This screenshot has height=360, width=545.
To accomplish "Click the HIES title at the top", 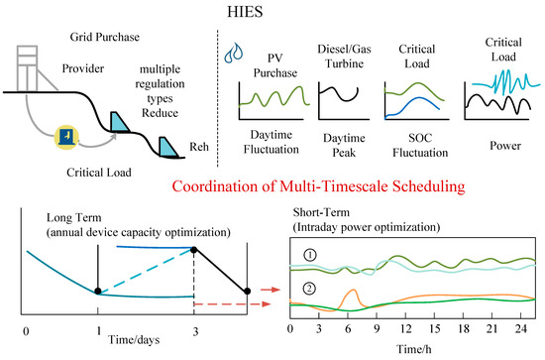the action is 245,12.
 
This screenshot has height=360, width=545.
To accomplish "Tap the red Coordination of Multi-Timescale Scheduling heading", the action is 318,186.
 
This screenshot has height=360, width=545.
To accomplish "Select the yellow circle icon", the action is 67,137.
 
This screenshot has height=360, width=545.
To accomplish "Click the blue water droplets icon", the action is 234,53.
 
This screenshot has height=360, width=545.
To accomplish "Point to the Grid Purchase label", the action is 105,37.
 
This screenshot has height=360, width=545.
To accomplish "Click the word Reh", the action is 199,147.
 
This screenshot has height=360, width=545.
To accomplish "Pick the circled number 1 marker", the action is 310,256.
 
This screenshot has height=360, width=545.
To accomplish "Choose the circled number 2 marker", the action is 309,289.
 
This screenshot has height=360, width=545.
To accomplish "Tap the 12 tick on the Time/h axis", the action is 405,328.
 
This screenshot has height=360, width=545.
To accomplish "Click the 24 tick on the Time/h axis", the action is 520,328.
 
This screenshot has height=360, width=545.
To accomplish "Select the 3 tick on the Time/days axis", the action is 195,331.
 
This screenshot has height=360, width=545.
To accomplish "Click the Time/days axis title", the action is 134,339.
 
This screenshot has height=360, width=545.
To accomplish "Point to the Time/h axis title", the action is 414,349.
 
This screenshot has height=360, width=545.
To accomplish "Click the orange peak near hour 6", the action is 354,290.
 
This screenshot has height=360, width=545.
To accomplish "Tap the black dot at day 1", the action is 98,292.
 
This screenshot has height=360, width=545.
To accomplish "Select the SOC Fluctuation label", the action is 420,146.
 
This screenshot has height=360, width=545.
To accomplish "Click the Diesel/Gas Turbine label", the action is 344,57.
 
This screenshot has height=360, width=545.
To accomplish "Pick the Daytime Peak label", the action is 344,146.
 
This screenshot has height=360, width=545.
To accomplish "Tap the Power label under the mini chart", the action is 505,146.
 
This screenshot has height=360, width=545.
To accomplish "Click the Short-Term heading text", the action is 321,212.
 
